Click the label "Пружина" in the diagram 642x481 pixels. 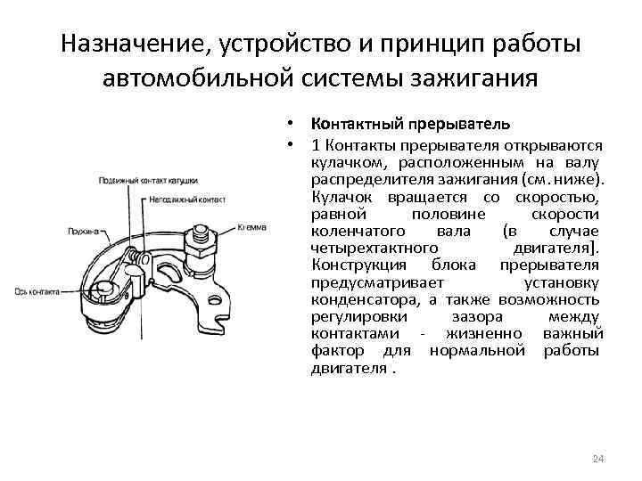(x=84, y=230)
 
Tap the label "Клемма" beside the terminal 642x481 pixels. (x=251, y=227)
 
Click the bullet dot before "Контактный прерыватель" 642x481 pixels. (x=292, y=123)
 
